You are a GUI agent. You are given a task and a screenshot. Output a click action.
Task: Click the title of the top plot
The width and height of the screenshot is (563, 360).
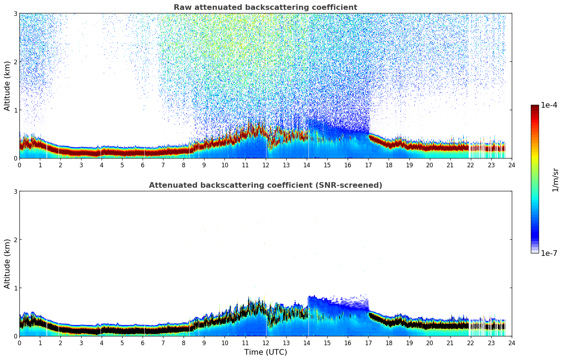point(265,7)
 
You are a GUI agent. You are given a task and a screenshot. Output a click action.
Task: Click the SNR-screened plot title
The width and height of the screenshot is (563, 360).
point(265,185)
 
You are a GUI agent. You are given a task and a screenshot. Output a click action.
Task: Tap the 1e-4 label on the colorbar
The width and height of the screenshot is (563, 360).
point(549,105)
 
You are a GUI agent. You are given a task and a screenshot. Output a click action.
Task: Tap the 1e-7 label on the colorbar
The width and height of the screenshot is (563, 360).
point(549,253)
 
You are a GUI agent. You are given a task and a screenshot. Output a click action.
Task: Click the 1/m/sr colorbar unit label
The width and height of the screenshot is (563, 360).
point(555,180)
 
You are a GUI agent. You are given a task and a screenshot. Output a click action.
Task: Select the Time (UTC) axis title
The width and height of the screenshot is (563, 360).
point(265,352)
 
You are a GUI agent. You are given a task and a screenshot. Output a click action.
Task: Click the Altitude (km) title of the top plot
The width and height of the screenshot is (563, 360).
point(7,86)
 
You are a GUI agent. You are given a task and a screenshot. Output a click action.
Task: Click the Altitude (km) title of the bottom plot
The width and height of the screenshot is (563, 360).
point(7,264)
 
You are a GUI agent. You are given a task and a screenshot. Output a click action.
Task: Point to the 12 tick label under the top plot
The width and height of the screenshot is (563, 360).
point(265,165)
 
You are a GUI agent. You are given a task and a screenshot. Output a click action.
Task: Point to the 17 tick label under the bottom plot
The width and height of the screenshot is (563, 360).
point(368,343)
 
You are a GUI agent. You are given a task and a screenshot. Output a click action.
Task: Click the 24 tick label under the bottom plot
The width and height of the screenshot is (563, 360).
point(512,343)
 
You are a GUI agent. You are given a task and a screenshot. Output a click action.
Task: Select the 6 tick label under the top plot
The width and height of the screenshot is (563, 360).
point(143,165)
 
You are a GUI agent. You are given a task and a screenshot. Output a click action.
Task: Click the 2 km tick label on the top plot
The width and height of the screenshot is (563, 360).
point(15,62)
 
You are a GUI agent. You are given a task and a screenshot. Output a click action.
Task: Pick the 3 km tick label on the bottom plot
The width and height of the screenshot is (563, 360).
point(15,191)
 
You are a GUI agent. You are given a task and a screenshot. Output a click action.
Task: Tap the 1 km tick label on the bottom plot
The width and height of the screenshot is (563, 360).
point(15,288)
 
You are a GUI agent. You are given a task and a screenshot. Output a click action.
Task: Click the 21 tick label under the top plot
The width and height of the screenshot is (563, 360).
point(450,165)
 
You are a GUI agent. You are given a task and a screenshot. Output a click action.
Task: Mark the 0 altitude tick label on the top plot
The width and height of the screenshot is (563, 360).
point(15,158)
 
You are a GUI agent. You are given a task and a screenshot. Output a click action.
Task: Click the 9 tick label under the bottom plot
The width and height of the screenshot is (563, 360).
point(204,343)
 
